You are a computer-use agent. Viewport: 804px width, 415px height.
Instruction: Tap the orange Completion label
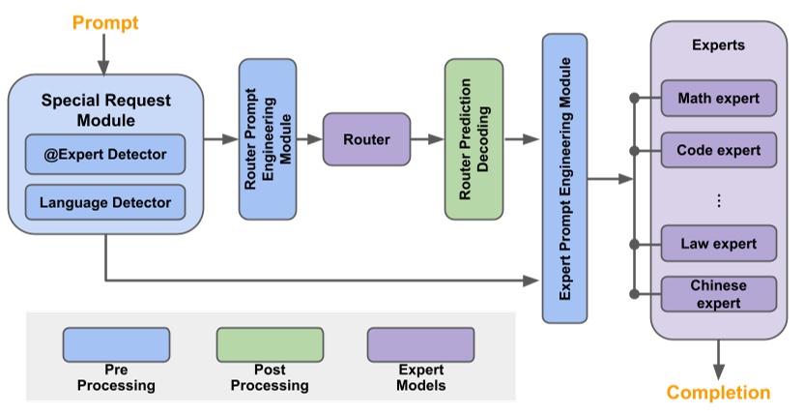(x=719, y=392)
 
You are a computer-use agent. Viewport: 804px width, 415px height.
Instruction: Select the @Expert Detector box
(x=105, y=154)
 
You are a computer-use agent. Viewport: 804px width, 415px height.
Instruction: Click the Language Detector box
(x=105, y=202)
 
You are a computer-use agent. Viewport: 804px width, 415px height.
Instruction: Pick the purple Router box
(x=366, y=139)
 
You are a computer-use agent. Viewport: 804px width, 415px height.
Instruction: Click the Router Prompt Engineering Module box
(x=268, y=138)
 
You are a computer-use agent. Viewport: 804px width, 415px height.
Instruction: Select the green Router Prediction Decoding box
(x=474, y=138)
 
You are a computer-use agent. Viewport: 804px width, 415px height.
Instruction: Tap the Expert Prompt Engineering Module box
(x=564, y=178)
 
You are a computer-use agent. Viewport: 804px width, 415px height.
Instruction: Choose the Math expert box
(x=718, y=99)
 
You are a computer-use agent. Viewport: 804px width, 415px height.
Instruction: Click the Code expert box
(x=718, y=151)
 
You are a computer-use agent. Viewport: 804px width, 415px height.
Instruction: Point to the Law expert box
(x=718, y=243)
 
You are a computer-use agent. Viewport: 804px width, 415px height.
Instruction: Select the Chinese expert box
(x=718, y=294)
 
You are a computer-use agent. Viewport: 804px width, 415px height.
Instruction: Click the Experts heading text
(x=718, y=45)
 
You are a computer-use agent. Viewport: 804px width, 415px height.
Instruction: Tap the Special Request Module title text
(x=105, y=110)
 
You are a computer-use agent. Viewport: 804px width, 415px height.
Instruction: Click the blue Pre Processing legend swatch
(x=116, y=344)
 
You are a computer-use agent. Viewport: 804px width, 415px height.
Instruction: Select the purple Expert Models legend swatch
(x=420, y=344)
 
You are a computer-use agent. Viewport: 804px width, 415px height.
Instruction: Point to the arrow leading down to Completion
(x=719, y=358)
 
